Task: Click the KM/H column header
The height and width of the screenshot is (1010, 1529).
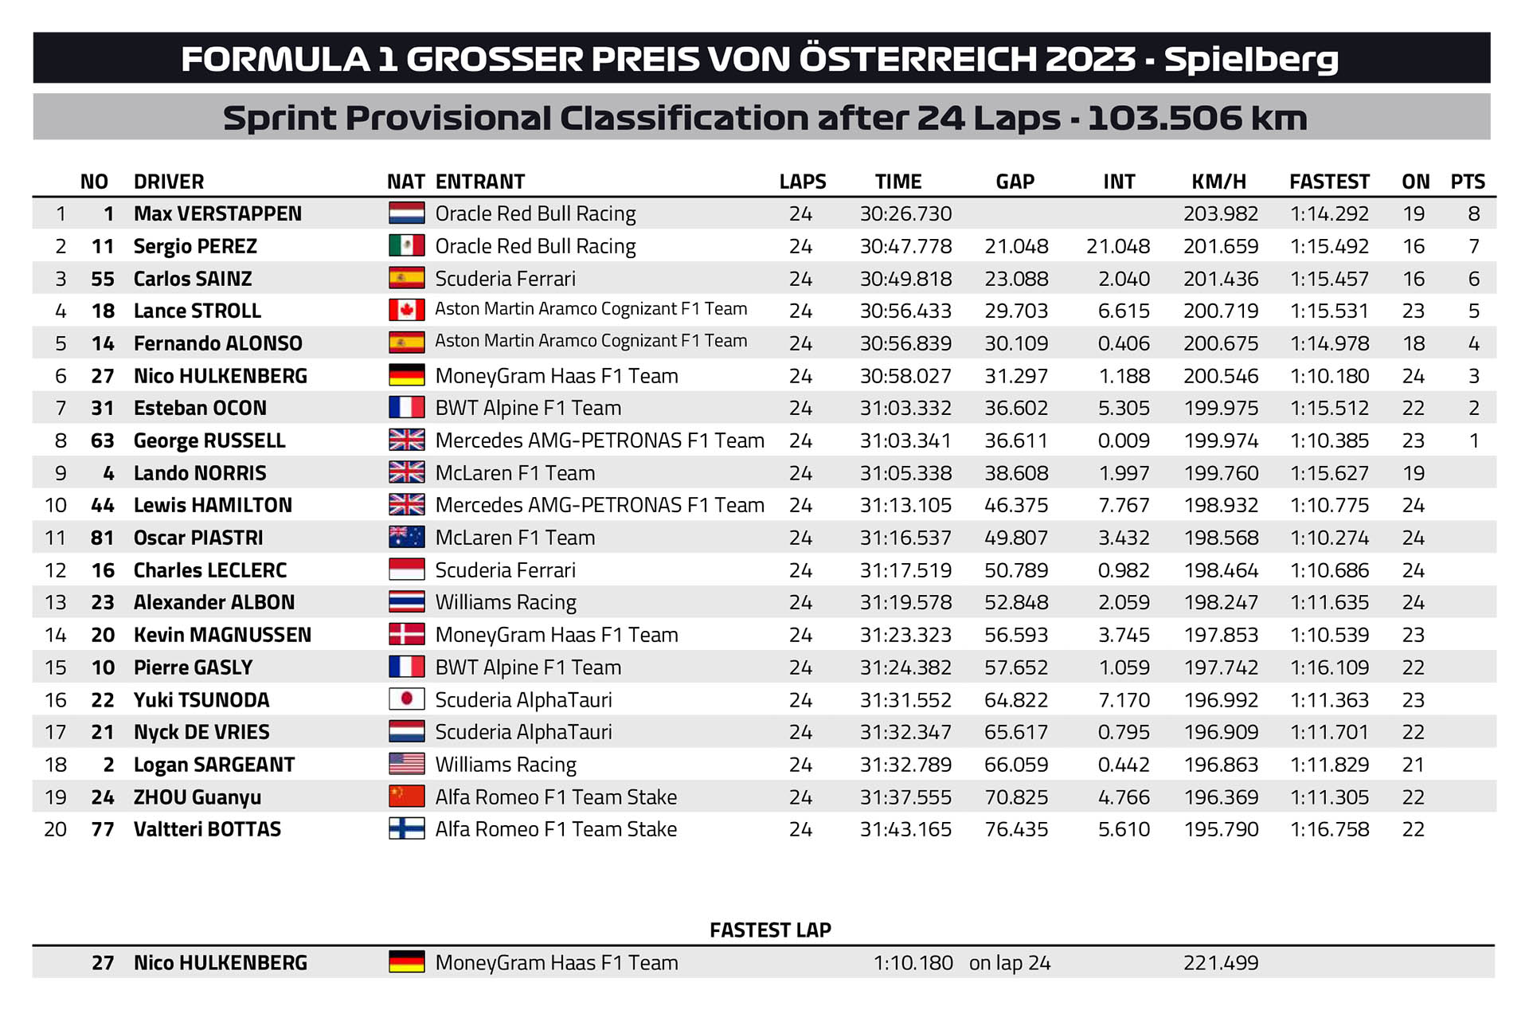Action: pyautogui.click(x=1218, y=182)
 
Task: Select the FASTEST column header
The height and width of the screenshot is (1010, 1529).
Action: pyautogui.click(x=1329, y=182)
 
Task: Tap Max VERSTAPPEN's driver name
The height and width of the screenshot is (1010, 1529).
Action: pyautogui.click(x=217, y=213)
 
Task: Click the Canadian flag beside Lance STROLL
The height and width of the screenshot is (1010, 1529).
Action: pyautogui.click(x=406, y=310)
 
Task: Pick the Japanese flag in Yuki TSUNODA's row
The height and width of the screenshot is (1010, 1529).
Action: pyautogui.click(x=406, y=699)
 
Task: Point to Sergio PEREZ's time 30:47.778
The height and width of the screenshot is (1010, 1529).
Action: pyautogui.click(x=905, y=246)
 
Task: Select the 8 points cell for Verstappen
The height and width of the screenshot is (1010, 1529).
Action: pyautogui.click(x=1473, y=213)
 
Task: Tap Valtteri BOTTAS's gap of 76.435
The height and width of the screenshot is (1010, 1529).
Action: pyautogui.click(x=1016, y=829)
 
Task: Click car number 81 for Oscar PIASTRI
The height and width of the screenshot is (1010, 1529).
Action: pyautogui.click(x=102, y=538)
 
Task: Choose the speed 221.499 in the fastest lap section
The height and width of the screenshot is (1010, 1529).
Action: pyautogui.click(x=1221, y=963)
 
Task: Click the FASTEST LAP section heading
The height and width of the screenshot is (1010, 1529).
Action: pyautogui.click(x=770, y=930)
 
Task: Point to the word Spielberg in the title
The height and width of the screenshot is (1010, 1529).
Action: pyautogui.click(x=1251, y=60)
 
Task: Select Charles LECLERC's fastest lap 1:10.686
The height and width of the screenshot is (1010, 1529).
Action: pyautogui.click(x=1329, y=570)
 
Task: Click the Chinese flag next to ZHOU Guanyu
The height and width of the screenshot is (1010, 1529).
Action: pyautogui.click(x=406, y=797)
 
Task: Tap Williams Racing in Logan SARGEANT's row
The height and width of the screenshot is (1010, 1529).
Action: pyautogui.click(x=506, y=765)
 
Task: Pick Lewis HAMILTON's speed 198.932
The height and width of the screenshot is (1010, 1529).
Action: pyautogui.click(x=1221, y=505)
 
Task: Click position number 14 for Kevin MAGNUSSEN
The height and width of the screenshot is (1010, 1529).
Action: pyautogui.click(x=56, y=635)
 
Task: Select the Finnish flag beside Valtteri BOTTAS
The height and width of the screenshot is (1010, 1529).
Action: pyautogui.click(x=406, y=829)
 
